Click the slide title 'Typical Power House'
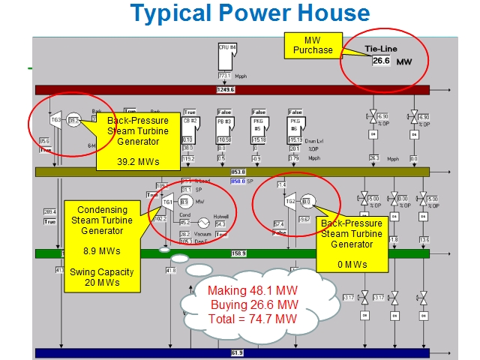[x=250, y=13]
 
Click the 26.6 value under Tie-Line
[x=382, y=61]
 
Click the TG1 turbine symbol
[x=168, y=202]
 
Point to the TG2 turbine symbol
[x=290, y=201]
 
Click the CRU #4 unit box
[x=227, y=49]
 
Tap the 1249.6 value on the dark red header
[x=224, y=89]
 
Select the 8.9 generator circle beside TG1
[x=184, y=202]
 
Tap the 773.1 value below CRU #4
[x=223, y=76]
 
